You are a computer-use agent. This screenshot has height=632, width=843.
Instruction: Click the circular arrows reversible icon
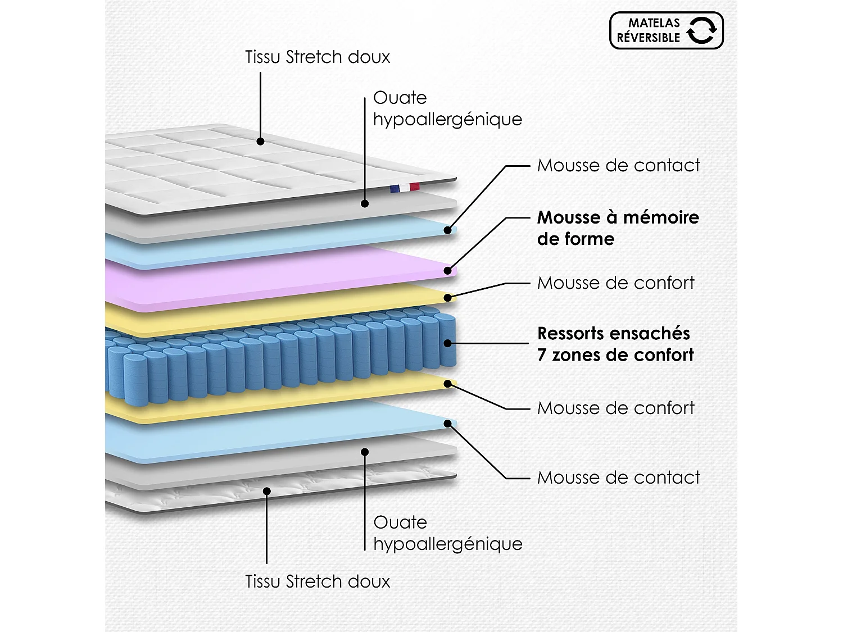tap(702, 30)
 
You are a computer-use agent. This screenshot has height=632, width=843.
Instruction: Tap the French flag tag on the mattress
tap(405, 188)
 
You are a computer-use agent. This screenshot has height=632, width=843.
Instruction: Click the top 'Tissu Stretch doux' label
tap(318, 57)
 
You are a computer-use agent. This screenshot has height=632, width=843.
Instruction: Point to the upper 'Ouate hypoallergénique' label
tap(448, 108)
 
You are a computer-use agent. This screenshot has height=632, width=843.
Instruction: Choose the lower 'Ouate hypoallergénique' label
tap(448, 533)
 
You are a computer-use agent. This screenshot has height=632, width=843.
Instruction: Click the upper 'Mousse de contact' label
tap(618, 165)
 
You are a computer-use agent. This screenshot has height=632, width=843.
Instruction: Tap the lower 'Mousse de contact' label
tap(618, 478)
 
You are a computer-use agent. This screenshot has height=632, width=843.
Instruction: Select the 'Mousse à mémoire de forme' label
tap(618, 228)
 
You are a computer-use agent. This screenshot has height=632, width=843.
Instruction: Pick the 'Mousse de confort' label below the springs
tap(615, 407)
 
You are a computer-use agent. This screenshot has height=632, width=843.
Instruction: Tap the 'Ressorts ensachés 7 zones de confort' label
tap(615, 344)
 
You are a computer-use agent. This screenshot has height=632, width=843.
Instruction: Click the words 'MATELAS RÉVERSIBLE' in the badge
tap(649, 30)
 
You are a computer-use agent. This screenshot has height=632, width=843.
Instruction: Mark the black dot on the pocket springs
tap(447, 343)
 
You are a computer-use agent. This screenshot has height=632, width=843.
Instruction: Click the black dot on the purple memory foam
tap(447, 271)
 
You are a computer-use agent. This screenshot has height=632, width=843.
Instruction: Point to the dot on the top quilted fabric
tap(260, 141)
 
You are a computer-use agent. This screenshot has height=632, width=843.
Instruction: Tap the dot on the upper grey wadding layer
tap(365, 204)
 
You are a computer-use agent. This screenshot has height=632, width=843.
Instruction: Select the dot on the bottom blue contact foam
tap(447, 424)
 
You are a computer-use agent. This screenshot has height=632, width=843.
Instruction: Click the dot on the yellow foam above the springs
tap(447, 297)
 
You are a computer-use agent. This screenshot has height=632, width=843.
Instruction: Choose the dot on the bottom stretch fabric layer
tap(266, 491)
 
